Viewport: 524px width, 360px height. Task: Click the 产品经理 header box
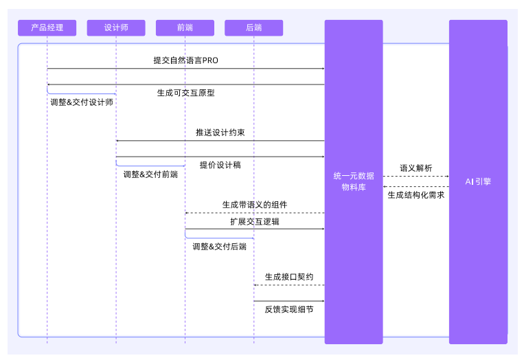point(47,27)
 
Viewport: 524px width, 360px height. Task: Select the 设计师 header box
point(116,27)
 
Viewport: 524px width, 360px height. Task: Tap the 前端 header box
point(185,27)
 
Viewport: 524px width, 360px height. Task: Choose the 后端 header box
point(253,27)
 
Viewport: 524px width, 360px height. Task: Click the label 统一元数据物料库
point(353,181)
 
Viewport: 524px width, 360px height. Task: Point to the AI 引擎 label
point(478,181)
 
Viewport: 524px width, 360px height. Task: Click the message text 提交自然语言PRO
point(185,60)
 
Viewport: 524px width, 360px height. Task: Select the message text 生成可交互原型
point(185,93)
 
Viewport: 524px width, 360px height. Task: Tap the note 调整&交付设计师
point(82,102)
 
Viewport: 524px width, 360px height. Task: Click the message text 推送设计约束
point(220,133)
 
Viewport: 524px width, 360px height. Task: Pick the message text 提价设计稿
point(220,165)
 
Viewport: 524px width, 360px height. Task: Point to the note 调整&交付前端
point(150,175)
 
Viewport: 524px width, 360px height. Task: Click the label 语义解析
point(415,168)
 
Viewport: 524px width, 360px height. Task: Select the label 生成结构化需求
point(415,195)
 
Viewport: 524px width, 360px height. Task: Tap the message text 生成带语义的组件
point(254,205)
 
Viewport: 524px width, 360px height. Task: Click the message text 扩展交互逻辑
point(254,222)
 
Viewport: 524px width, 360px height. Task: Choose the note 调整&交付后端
point(219,247)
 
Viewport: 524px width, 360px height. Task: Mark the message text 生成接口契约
point(289,277)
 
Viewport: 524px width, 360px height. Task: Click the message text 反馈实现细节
point(289,310)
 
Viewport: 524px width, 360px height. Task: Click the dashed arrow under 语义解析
point(415,177)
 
